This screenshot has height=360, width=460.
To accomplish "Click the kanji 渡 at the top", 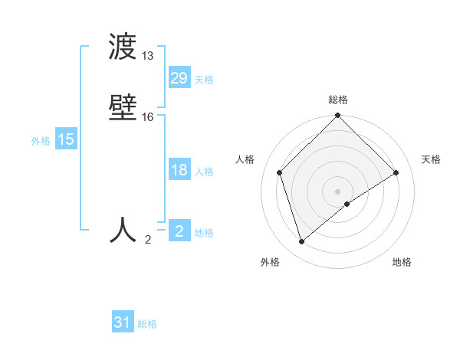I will click(x=123, y=48).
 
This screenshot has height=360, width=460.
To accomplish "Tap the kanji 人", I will click(x=123, y=230).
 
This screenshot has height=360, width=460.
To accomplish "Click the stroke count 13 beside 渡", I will click(x=148, y=56).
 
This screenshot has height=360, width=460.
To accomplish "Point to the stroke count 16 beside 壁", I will click(x=148, y=117).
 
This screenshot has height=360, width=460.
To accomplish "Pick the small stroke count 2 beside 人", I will click(x=148, y=240).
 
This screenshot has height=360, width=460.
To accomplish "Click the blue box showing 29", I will click(x=179, y=78).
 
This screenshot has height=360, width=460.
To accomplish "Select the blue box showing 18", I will click(x=179, y=170).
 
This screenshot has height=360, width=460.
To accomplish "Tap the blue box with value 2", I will click(x=179, y=231).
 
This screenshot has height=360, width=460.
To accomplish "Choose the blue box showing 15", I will click(x=65, y=139).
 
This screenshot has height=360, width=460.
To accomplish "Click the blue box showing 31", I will click(x=123, y=322).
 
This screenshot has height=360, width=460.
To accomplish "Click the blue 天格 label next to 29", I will click(x=204, y=80).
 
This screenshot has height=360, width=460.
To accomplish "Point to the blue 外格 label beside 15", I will click(x=41, y=141).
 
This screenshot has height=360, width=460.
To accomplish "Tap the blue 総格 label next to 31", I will click(x=147, y=324).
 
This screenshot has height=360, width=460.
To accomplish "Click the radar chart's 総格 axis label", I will click(x=338, y=100).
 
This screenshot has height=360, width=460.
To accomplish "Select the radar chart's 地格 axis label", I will click(x=402, y=262).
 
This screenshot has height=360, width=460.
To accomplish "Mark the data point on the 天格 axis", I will click(x=396, y=172).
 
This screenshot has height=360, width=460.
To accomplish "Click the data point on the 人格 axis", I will click(x=280, y=172).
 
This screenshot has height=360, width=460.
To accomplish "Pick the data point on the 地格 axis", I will click(x=347, y=204).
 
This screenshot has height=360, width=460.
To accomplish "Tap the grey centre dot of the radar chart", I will click(x=338, y=191).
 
